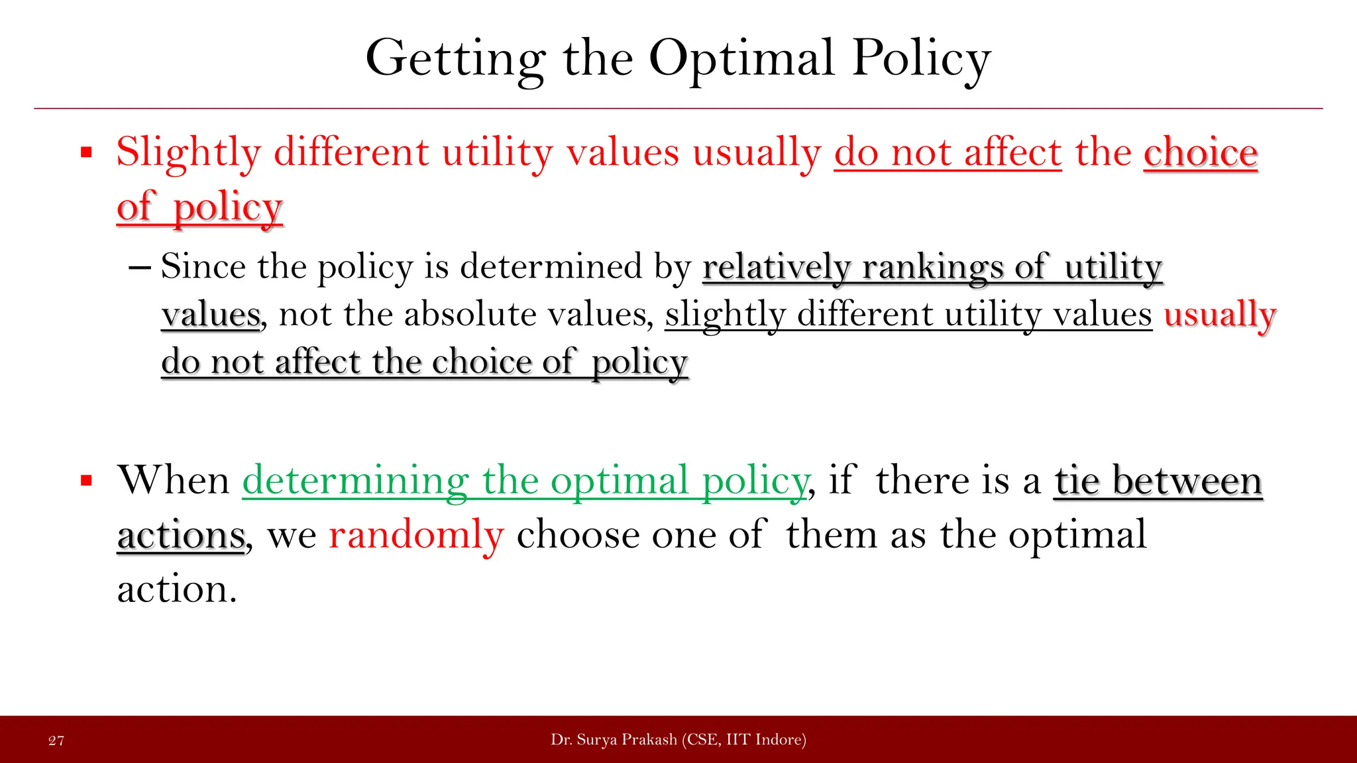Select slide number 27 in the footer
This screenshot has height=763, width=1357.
pyautogui.click(x=56, y=740)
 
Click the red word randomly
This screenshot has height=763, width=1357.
pyautogui.click(x=416, y=535)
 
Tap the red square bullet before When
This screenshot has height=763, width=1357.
pyautogui.click(x=86, y=480)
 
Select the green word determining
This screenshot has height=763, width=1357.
pyautogui.click(x=355, y=481)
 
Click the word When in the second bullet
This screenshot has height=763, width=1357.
pyautogui.click(x=173, y=480)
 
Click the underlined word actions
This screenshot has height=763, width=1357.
pyautogui.click(x=181, y=535)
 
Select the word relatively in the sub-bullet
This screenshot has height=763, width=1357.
pyautogui.click(x=776, y=268)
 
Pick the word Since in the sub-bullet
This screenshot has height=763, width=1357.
pyautogui.click(x=203, y=266)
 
